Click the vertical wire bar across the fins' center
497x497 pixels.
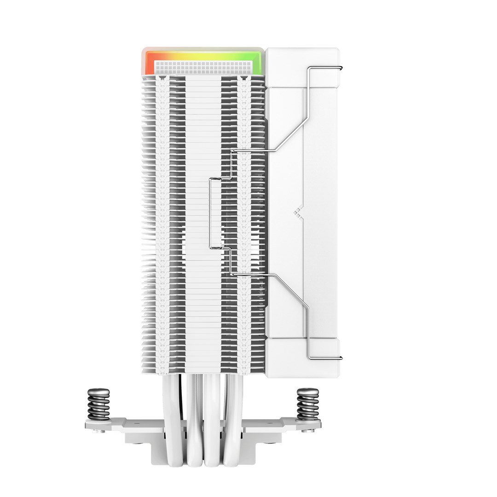coord(210,212)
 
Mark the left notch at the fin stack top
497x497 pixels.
coord(162,80)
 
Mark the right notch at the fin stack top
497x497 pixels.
coord(244,80)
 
